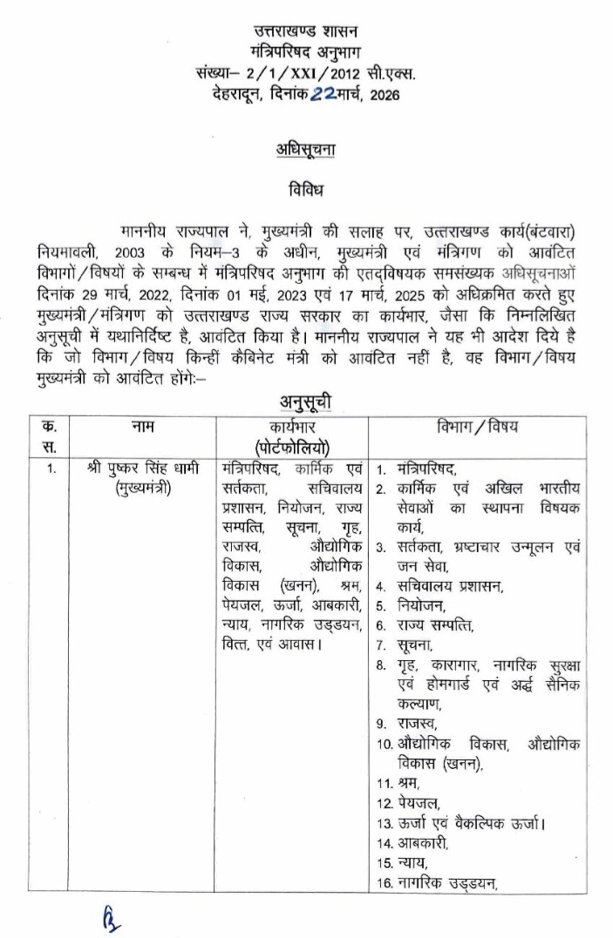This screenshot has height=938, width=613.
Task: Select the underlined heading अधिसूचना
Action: click(298, 150)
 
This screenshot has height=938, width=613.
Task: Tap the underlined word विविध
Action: click(298, 188)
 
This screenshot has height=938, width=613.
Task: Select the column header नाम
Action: click(142, 426)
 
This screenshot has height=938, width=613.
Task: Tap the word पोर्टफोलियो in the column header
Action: click(292, 446)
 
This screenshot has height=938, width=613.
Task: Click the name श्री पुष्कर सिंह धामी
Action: click(143, 469)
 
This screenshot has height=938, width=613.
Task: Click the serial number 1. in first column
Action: click(51, 469)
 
